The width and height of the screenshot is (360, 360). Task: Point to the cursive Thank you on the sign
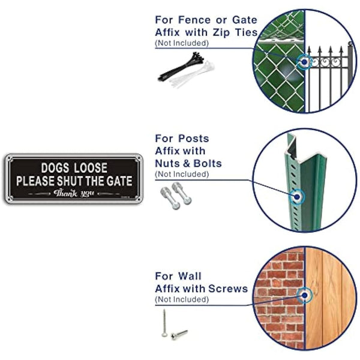[74, 193]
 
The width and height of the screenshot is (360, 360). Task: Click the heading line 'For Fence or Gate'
[206, 20]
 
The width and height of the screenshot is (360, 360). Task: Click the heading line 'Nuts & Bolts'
[188, 163]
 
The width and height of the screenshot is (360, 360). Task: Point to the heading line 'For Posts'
[182, 139]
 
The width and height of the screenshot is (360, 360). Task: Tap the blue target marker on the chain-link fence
[305, 62]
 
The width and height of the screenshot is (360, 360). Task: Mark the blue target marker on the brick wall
[305, 295]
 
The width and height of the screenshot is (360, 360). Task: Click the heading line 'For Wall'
[178, 276]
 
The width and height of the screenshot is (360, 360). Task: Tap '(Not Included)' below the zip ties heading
[182, 43]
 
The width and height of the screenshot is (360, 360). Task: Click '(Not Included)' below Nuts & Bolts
[182, 174]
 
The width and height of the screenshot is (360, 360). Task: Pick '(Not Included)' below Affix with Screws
[182, 299]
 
